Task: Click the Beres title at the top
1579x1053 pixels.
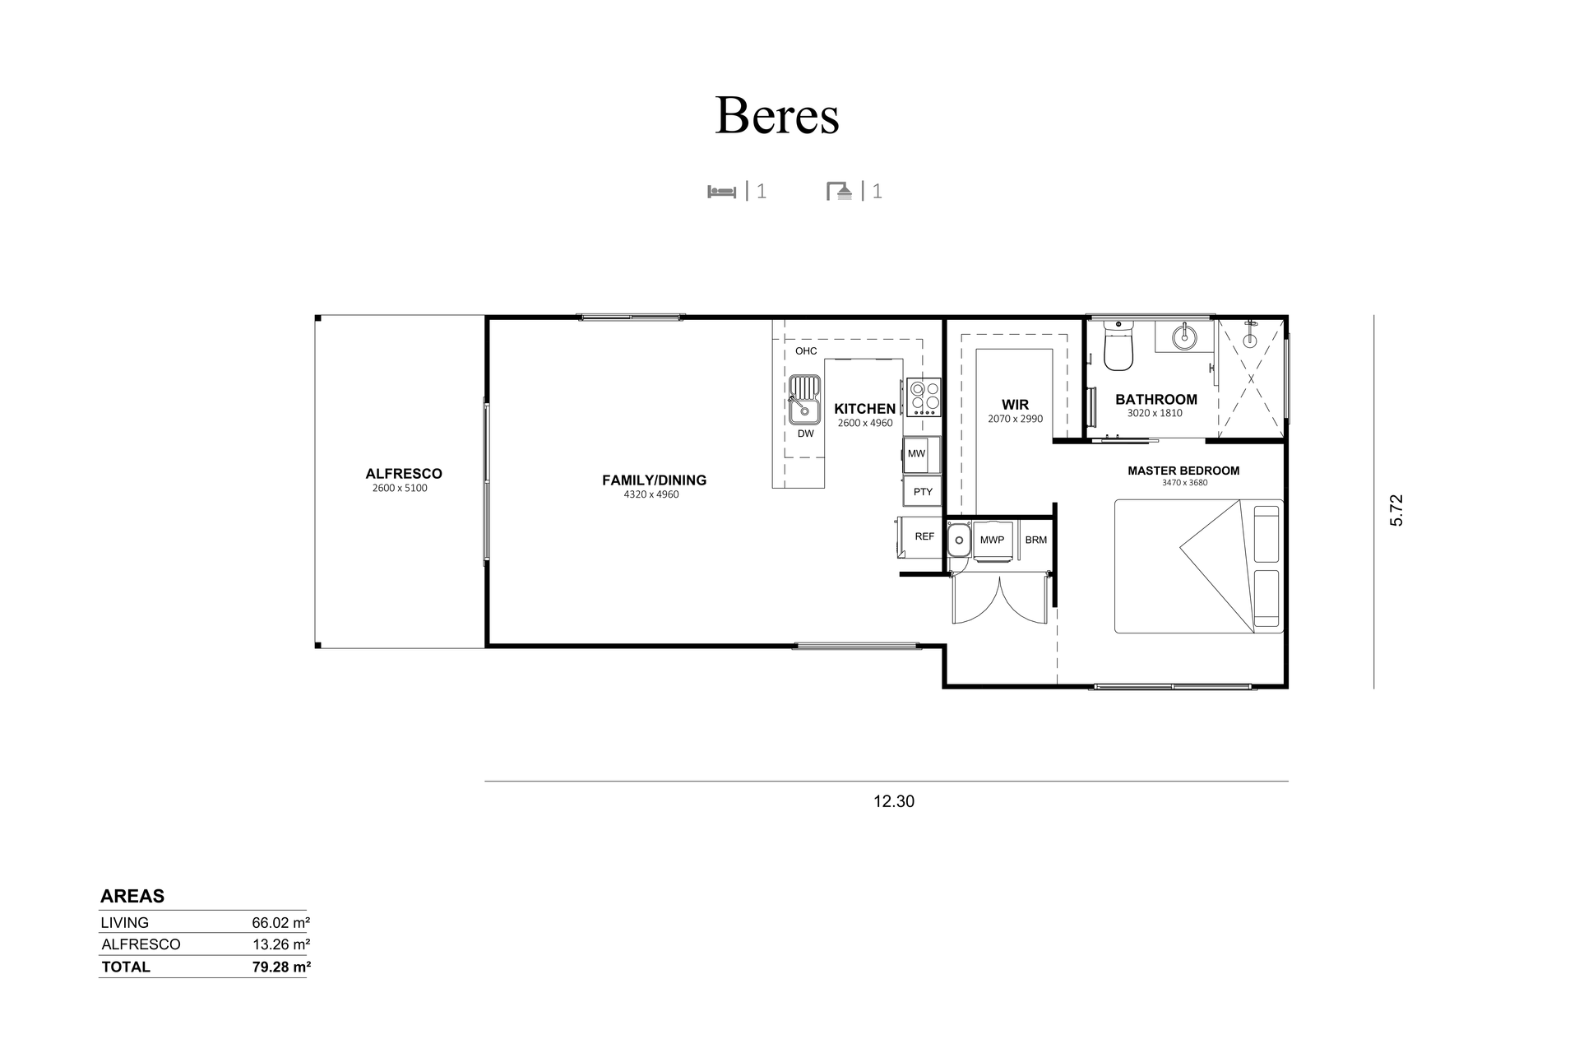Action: tap(777, 115)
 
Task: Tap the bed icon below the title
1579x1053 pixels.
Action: tap(721, 192)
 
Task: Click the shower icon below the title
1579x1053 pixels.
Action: tap(839, 192)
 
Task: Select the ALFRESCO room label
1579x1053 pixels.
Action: tap(404, 474)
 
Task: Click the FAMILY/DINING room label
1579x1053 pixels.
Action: tap(654, 480)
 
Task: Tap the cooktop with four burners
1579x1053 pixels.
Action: tap(924, 397)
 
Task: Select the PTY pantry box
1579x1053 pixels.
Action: tap(922, 492)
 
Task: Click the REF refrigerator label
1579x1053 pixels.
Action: tap(924, 536)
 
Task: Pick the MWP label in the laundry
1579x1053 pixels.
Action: tap(992, 540)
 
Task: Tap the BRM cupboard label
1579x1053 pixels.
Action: tap(1036, 540)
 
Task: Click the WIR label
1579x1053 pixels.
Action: tap(1015, 405)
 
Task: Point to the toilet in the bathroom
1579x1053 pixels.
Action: tap(1118, 345)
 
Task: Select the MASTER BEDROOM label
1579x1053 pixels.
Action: tap(1183, 471)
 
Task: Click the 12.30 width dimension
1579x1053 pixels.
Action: tap(894, 801)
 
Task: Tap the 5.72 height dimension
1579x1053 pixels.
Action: tap(1396, 510)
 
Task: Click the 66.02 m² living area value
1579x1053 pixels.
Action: tap(280, 922)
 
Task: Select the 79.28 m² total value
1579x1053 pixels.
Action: tap(281, 967)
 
